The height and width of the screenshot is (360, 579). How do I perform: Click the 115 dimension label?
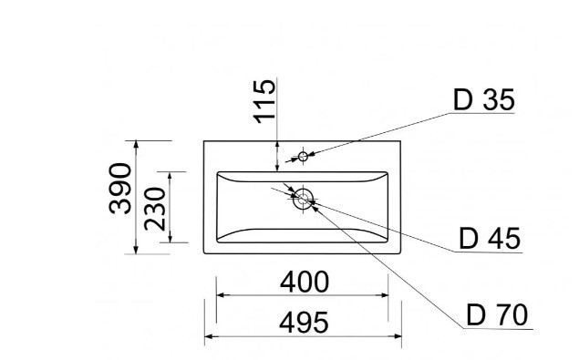[x=264, y=101]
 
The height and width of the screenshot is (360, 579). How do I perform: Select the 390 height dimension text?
[x=120, y=189]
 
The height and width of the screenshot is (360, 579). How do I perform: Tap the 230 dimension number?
[x=155, y=209]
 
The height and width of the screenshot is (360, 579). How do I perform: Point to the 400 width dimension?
[x=305, y=282]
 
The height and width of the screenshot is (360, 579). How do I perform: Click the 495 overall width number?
[x=304, y=323]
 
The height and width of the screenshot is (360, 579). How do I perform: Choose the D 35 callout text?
[x=483, y=99]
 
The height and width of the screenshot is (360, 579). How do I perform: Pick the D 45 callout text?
[x=490, y=239]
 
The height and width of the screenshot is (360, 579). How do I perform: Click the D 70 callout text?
[x=497, y=315]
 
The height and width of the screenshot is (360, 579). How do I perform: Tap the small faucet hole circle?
[x=303, y=157]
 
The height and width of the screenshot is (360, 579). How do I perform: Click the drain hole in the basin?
[x=303, y=199]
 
